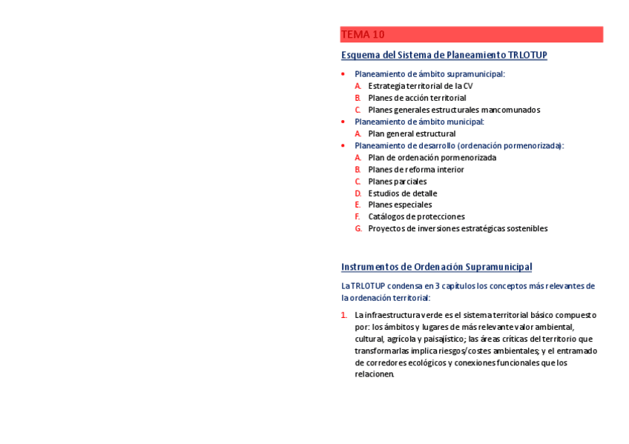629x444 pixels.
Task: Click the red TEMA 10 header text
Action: (x=363, y=35)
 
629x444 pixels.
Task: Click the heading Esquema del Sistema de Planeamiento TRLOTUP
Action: (x=444, y=55)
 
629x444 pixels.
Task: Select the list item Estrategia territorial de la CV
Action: (x=420, y=86)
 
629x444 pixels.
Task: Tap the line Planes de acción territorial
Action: (x=417, y=98)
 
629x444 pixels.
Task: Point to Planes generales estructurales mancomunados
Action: (x=454, y=110)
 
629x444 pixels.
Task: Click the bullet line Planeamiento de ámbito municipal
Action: (x=419, y=122)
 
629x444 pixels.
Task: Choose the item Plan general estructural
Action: (x=412, y=133)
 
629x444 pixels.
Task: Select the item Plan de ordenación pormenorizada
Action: (x=432, y=157)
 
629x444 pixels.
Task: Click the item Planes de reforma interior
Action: (x=415, y=169)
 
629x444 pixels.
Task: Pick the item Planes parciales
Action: (x=397, y=181)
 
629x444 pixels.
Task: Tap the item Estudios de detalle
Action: (x=402, y=193)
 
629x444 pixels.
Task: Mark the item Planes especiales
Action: (x=400, y=205)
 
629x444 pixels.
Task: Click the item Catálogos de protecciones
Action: (x=416, y=216)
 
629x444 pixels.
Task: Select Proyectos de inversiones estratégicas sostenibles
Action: (x=458, y=228)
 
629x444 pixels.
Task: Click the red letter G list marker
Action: (x=358, y=228)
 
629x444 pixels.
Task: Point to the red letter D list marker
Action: (x=358, y=193)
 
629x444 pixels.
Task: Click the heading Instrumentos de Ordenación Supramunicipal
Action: (x=436, y=267)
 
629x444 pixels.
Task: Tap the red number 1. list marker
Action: (x=344, y=315)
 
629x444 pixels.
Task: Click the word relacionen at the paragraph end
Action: (x=374, y=374)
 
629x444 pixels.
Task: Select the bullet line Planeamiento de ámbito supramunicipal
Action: (x=429, y=74)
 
